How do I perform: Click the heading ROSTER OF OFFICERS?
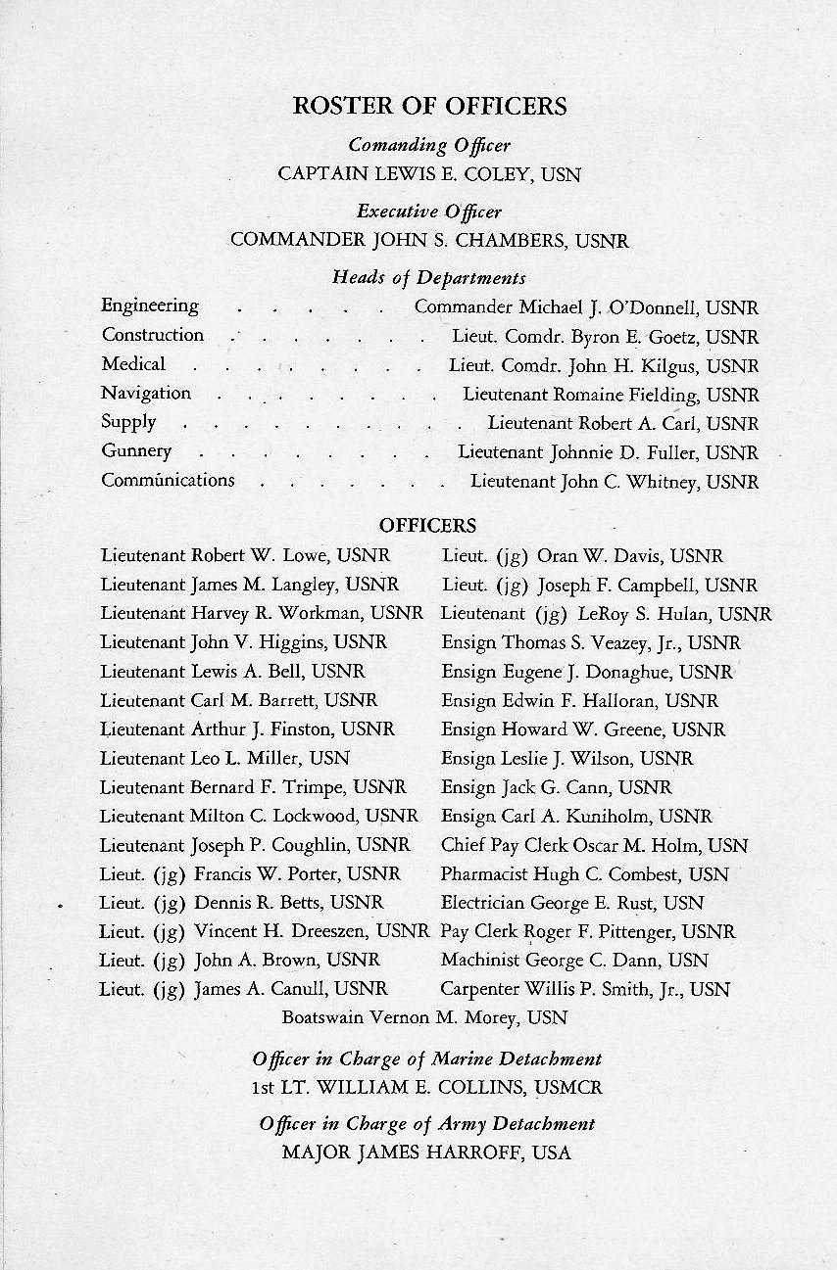[429, 106]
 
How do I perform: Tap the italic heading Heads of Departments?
[428, 278]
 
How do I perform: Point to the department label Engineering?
[150, 306]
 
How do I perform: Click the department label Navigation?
[146, 393]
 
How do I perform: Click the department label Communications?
[168, 480]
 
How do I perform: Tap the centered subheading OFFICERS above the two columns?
[427, 526]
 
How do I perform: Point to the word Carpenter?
[485, 989]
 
